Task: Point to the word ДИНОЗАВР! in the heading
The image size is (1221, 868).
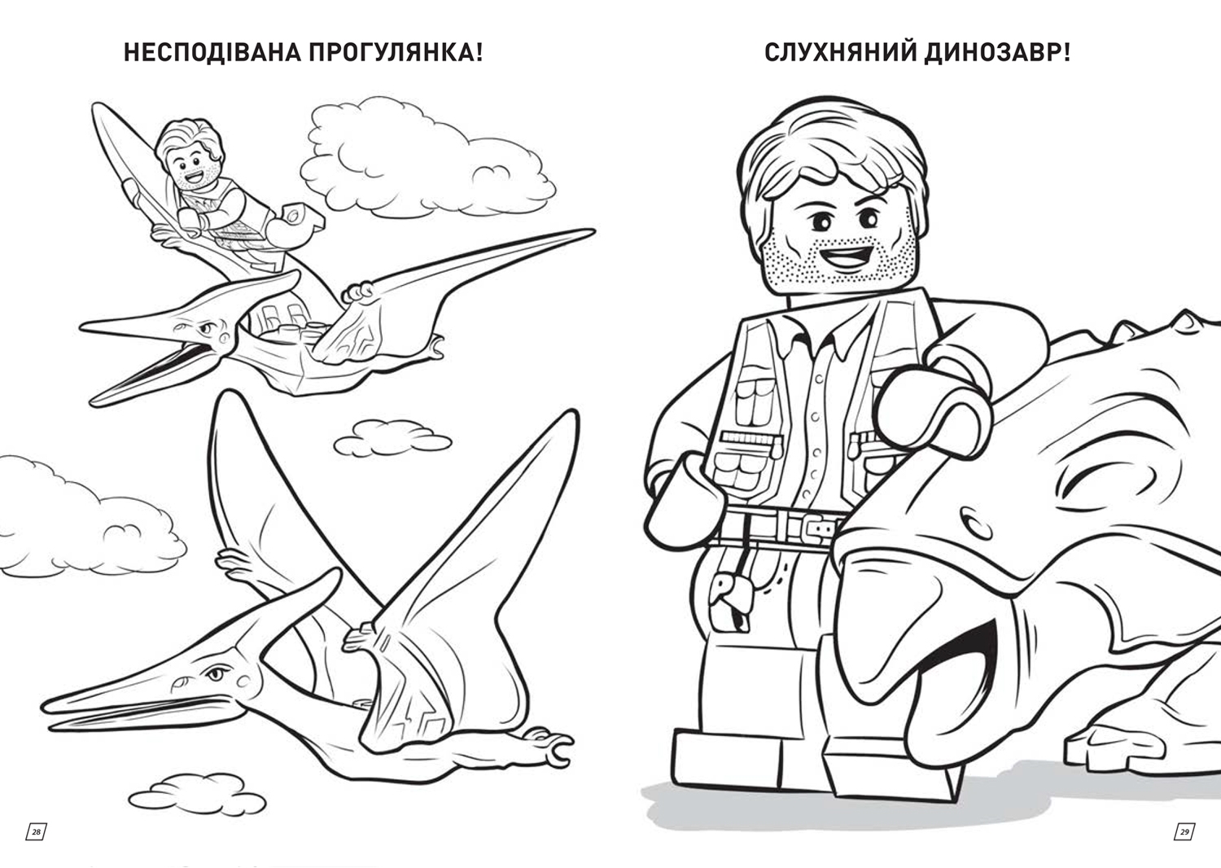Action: coord(998,54)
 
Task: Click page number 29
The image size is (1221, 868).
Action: coord(1184,831)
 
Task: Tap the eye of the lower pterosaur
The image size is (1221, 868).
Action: coord(216,675)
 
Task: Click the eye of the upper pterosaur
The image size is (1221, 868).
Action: coord(205,330)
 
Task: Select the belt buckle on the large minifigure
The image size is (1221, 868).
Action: coord(817,527)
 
